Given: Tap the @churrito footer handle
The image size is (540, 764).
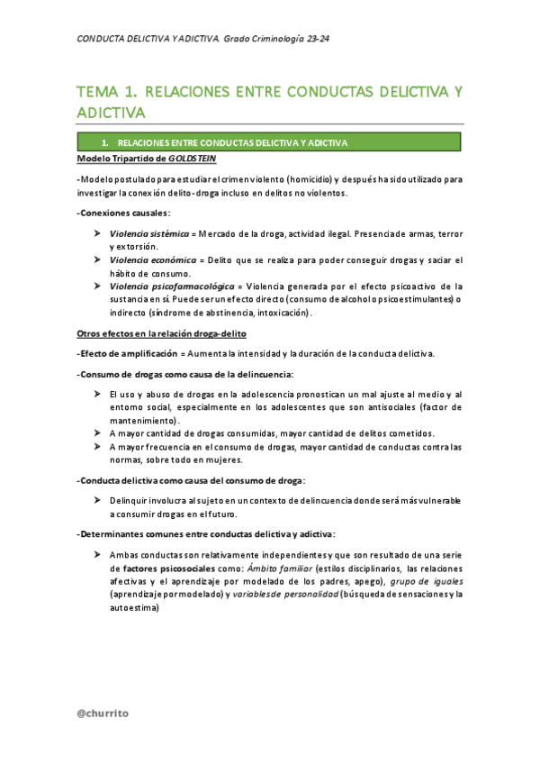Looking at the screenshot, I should tap(103, 713).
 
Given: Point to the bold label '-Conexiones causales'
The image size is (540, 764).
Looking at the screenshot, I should tap(122, 214).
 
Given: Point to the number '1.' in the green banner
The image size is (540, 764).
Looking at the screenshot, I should tap(105, 142).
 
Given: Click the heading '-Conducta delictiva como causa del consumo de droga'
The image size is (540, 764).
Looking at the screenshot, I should tap(191, 479).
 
